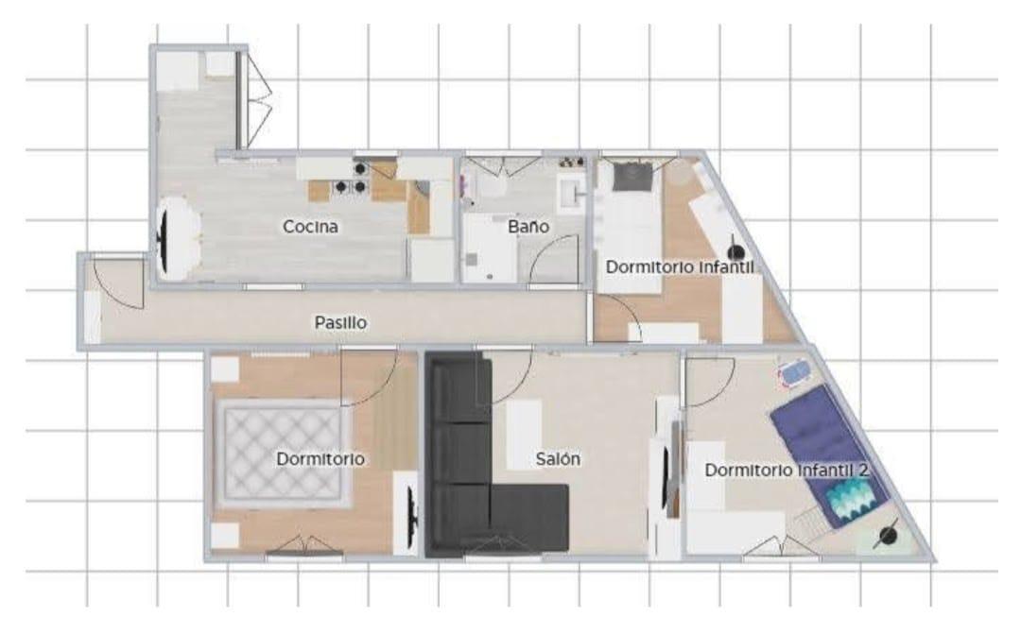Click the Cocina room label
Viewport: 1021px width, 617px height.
click(310, 227)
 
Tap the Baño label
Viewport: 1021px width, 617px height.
click(528, 227)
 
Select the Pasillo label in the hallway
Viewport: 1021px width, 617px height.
click(340, 322)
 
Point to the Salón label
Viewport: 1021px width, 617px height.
click(558, 459)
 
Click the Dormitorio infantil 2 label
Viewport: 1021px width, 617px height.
click(787, 470)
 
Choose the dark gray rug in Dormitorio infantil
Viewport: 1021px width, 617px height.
click(632, 177)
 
